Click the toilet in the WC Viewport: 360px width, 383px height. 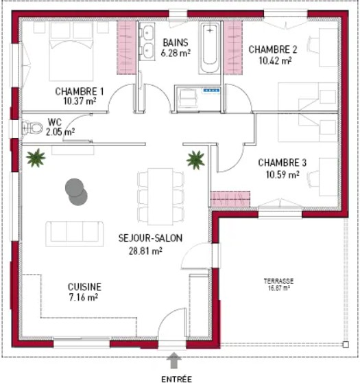coord(32,128)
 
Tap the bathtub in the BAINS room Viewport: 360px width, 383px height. coord(210,47)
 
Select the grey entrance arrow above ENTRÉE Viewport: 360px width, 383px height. coord(173,360)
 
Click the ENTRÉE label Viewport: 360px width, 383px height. coord(176,379)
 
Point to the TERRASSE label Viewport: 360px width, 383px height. coord(278,281)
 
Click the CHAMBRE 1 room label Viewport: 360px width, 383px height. coord(80,91)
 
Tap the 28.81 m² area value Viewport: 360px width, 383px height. coord(145,251)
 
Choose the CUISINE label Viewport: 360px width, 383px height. coord(84,287)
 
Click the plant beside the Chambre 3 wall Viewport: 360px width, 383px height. coord(195,160)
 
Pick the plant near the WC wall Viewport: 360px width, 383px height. coord(36,158)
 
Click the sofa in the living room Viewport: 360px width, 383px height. coord(75,234)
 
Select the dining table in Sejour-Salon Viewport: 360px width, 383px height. coord(160,196)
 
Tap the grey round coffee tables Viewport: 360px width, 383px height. coord(76,192)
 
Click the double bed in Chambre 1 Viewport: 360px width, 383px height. coord(71,51)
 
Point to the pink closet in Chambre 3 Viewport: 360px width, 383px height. coord(230,199)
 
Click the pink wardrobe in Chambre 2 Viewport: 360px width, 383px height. coord(233,47)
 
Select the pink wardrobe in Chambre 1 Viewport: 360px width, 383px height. coord(126,47)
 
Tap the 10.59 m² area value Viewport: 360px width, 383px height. coord(283,174)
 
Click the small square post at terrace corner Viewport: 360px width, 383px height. coord(346,345)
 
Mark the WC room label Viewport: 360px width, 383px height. coord(55,122)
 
